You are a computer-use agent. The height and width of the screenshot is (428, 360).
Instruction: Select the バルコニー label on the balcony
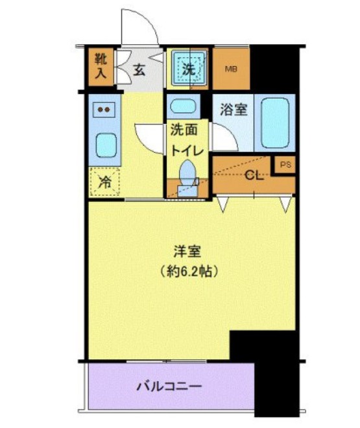pos(169,387)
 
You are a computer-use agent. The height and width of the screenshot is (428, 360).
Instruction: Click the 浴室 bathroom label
pos(234,109)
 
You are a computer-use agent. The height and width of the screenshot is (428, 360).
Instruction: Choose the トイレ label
pos(188,150)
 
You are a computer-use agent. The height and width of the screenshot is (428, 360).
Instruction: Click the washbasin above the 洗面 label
pos(187,106)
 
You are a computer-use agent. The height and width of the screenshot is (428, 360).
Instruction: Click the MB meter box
pos(232,68)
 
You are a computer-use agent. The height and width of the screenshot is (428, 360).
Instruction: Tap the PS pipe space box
pos(285,165)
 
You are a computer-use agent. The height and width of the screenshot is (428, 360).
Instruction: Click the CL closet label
pos(253,175)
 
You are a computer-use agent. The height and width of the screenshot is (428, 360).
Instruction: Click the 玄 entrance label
pos(139,71)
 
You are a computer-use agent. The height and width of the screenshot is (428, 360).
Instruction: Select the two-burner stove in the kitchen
pos(104,109)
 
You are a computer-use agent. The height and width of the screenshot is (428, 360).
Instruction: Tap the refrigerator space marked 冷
pos(104,182)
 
